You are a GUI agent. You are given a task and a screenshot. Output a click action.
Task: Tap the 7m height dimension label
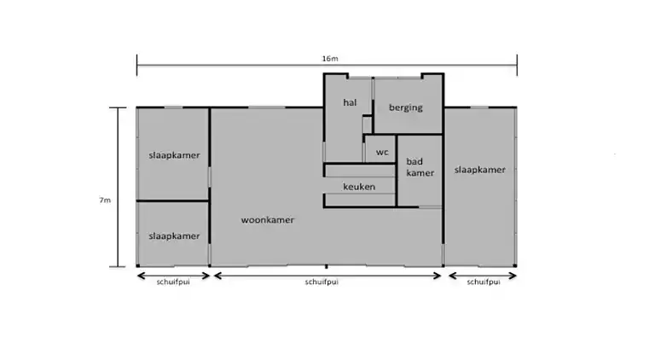click(x=104, y=200)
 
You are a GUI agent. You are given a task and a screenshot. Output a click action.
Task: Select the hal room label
click(x=349, y=102)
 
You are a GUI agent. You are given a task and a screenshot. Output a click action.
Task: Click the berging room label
click(x=406, y=107)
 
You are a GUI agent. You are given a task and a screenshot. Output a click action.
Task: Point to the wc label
click(x=382, y=152)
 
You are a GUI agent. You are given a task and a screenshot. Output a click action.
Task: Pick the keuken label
click(x=359, y=186)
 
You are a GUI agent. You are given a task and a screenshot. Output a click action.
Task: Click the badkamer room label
click(x=420, y=167)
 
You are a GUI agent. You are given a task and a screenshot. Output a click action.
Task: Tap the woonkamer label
click(x=268, y=219)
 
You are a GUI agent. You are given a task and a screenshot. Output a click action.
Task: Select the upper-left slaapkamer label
click(x=173, y=155)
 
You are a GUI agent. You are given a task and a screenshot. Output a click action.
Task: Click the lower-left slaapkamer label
click(x=173, y=235)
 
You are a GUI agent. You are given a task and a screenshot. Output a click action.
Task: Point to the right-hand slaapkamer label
click(x=479, y=170)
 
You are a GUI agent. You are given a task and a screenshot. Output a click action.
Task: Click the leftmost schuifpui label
click(x=173, y=282)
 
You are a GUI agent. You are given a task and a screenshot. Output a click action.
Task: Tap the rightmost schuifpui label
click(x=484, y=282)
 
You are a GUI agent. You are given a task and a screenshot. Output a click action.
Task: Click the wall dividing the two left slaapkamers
click(x=173, y=201)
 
